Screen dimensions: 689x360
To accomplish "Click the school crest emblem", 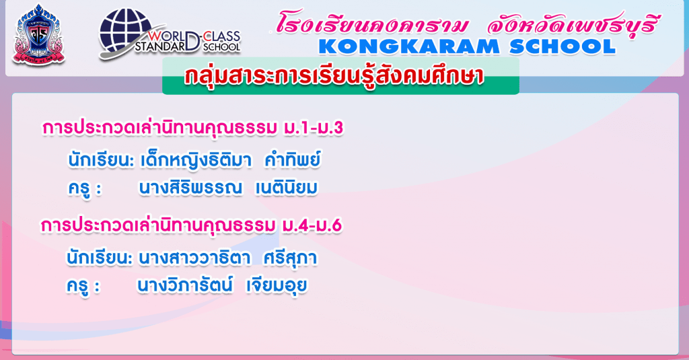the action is [38, 35].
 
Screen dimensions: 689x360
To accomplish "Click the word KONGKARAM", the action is [408, 46].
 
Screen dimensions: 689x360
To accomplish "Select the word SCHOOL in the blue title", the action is [563, 46].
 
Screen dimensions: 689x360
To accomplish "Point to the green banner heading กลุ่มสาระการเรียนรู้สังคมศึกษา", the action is [334, 76].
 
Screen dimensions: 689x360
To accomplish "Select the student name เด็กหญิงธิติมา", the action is [196, 160].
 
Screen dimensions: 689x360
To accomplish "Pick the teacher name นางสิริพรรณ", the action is [190, 188].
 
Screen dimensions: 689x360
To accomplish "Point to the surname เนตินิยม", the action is [287, 188].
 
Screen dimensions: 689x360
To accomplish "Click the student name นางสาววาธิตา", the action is [194, 258].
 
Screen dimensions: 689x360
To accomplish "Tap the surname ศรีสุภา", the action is [290, 258].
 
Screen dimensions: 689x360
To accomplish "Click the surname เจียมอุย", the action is [277, 286].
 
